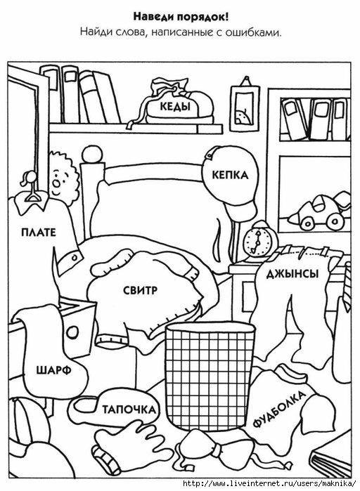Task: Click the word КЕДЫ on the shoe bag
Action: click(175, 107)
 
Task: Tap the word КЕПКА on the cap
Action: click(230, 175)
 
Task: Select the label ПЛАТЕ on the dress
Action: click(39, 233)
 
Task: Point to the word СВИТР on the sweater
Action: click(140, 291)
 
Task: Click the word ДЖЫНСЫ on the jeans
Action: click(292, 274)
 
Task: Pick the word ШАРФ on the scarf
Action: click(54, 370)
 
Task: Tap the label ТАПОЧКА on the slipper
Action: click(129, 410)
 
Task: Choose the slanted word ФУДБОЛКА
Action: click(278, 409)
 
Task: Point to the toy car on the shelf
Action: click(320, 210)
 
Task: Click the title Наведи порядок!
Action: click(181, 17)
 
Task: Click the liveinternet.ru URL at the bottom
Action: click(270, 484)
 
